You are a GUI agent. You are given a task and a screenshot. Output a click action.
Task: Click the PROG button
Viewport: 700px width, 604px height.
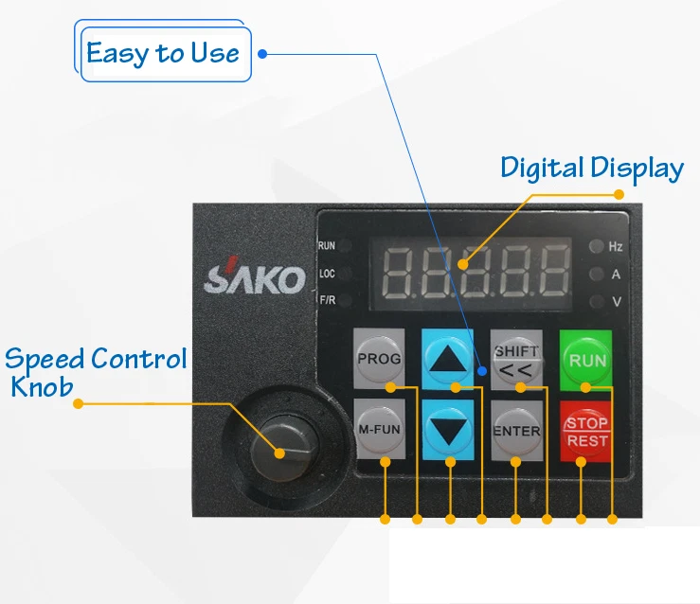(379, 359)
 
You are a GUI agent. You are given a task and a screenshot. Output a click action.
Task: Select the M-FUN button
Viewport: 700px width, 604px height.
(379, 429)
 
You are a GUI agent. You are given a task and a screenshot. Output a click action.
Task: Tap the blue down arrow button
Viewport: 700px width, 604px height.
(448, 430)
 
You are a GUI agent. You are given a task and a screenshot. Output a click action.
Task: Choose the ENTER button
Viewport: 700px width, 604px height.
(516, 431)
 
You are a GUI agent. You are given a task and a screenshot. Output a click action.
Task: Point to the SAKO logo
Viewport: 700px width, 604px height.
(255, 278)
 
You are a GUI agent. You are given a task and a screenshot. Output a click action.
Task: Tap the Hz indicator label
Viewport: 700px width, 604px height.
(615, 247)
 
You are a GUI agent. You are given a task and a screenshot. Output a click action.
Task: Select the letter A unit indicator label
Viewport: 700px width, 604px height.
(615, 275)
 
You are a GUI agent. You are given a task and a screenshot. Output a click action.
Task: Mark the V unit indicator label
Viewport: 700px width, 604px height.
(615, 302)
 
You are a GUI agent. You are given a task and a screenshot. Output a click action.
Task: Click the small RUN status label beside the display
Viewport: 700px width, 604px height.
(327, 246)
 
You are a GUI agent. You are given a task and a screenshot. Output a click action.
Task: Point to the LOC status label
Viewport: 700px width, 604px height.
(327, 274)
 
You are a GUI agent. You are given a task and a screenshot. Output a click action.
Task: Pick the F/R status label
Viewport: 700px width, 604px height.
(327, 301)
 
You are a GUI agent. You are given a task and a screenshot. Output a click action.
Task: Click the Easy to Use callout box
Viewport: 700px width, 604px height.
(163, 53)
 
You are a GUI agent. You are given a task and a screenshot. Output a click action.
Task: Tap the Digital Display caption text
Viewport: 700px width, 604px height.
(592, 169)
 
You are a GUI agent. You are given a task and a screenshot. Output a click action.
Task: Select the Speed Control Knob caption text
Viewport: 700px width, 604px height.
(95, 372)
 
